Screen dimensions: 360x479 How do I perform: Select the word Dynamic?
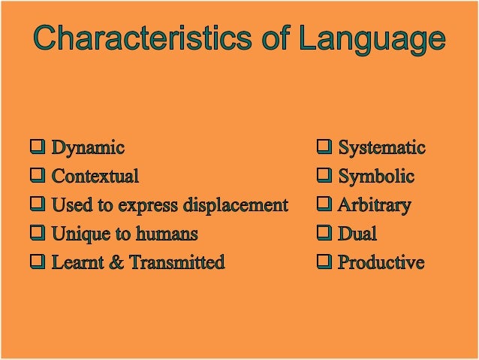88,148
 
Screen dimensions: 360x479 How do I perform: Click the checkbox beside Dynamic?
37,147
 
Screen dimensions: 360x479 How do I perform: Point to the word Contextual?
95,177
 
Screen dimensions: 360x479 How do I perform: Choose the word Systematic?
381,148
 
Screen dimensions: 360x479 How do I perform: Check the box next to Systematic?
324,147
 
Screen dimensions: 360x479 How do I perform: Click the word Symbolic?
376,177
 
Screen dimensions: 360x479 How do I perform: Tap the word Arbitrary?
374,205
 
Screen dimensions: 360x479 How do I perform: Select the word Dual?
357,234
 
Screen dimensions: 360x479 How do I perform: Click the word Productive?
381,262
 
